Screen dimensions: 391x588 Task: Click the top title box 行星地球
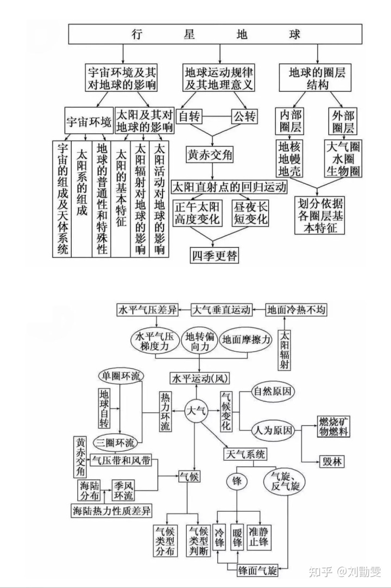[x=215, y=34]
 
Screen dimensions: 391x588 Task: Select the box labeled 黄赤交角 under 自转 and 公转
[x=210, y=154]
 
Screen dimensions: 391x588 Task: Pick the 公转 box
[x=244, y=116]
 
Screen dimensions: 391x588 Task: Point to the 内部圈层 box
[x=291, y=121]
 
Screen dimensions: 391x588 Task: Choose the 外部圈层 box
[x=343, y=121]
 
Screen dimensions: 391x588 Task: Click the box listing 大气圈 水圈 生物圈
[x=343, y=158]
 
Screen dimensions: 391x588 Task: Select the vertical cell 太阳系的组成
[x=81, y=199]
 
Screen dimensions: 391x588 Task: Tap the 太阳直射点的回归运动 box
[x=229, y=187]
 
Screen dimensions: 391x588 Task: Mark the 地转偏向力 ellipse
[x=200, y=341]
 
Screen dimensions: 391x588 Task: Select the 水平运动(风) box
[x=199, y=379]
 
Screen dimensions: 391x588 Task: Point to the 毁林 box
[x=332, y=461]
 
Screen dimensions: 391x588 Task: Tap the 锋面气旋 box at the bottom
[x=257, y=571]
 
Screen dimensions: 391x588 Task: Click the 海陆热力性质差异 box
[x=112, y=510]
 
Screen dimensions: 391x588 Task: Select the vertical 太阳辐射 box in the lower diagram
[x=285, y=350]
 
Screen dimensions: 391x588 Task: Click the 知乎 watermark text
[x=320, y=572]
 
